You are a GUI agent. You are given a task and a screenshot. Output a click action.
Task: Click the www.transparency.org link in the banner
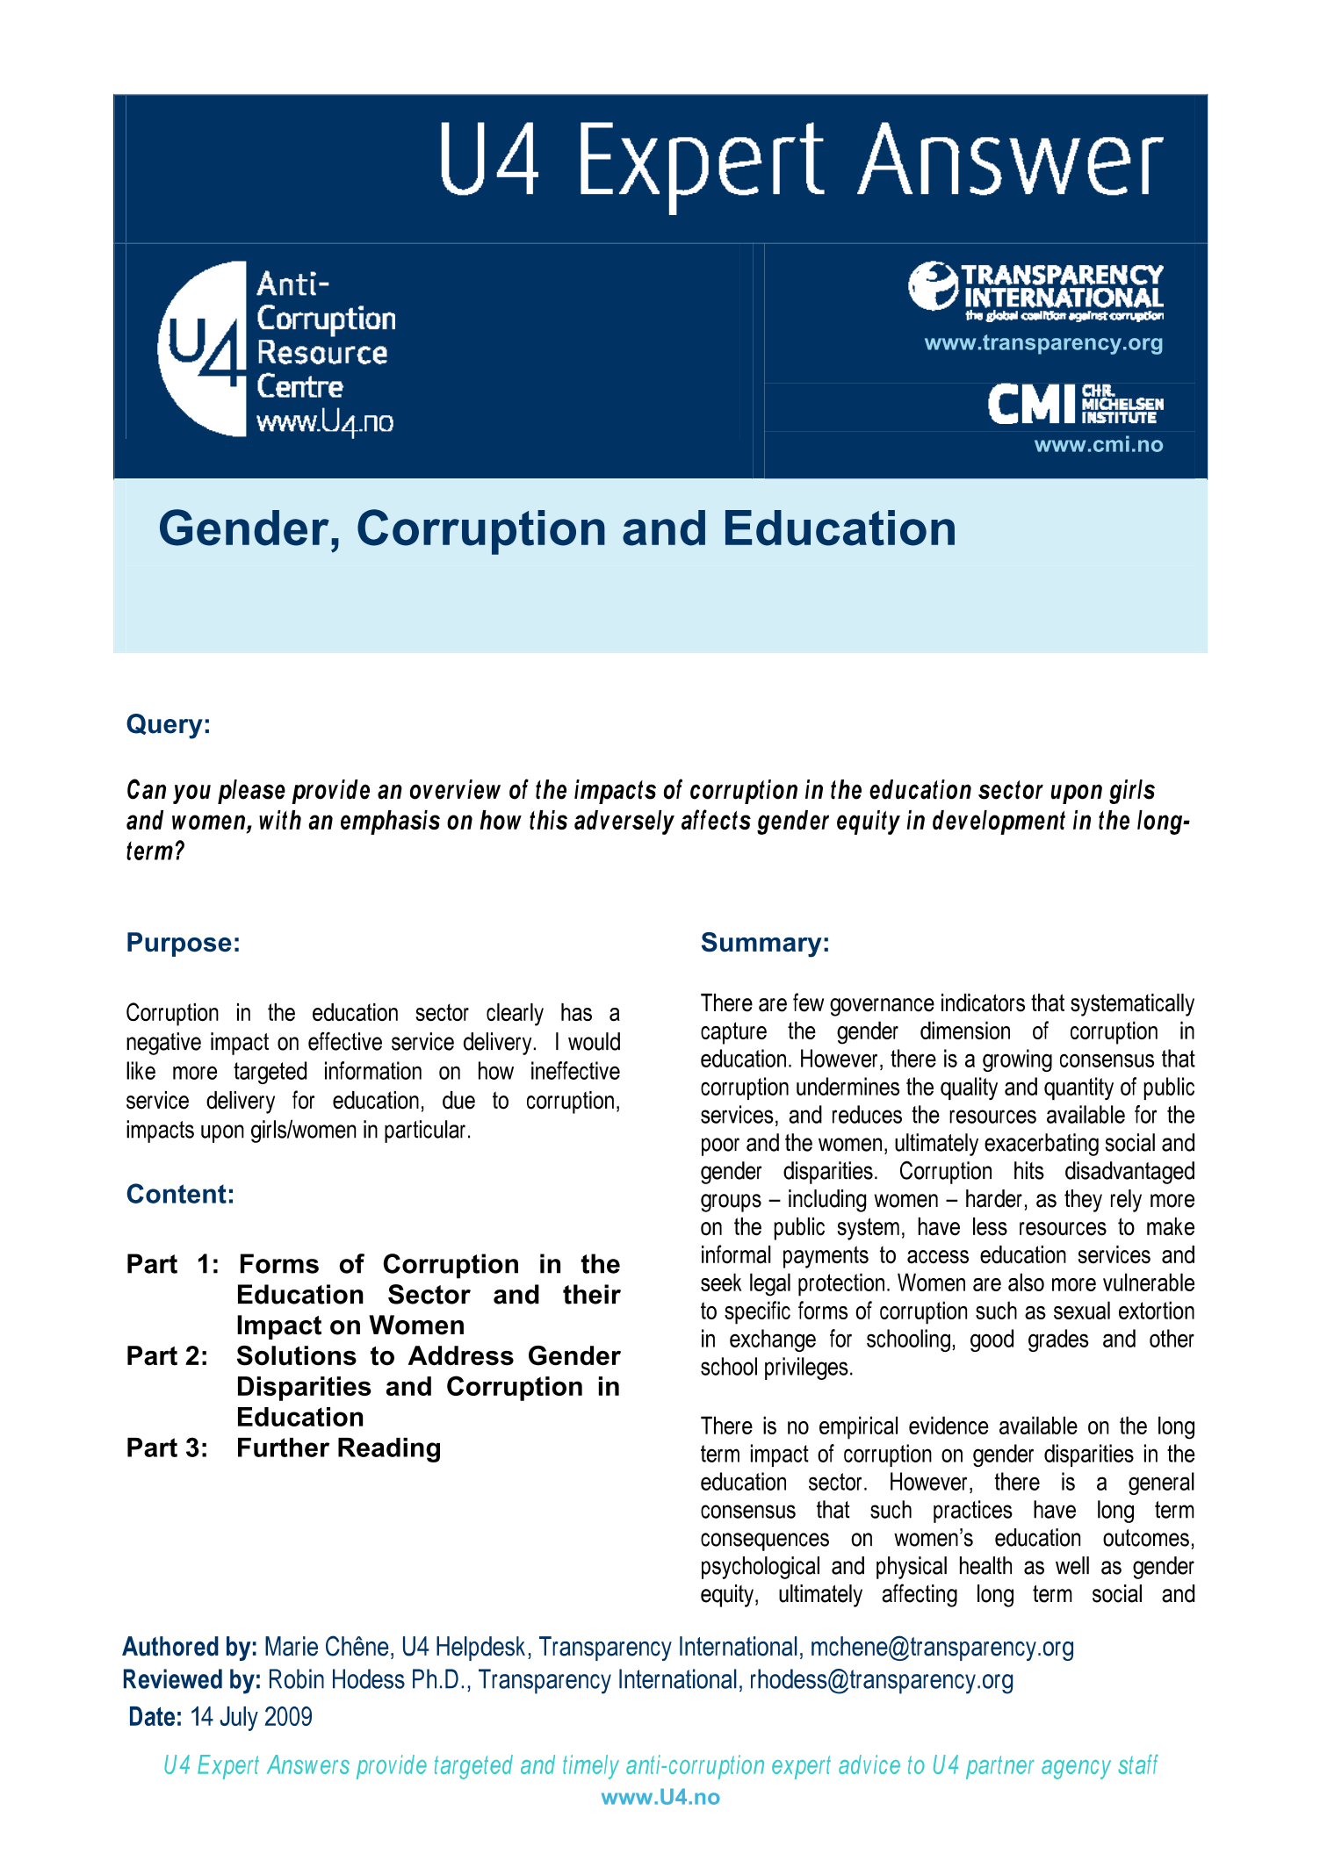[1043, 343]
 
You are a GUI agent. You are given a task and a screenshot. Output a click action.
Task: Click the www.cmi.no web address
[1098, 445]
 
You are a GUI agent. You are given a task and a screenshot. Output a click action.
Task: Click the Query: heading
[169, 725]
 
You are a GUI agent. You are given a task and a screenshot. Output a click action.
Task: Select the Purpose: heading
[183, 943]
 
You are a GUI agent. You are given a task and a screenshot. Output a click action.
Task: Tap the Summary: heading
[764, 943]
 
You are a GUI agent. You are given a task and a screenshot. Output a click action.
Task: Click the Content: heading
[180, 1195]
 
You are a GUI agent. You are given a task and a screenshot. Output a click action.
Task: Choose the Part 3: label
[167, 1448]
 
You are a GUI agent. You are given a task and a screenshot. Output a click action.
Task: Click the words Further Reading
[338, 1448]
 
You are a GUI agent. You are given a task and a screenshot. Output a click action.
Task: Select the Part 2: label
[167, 1356]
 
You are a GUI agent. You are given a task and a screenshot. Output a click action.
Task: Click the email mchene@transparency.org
[941, 1647]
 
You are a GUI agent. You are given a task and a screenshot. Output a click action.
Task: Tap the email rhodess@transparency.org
[881, 1680]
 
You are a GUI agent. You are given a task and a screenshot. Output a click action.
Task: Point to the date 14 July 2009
[251, 1717]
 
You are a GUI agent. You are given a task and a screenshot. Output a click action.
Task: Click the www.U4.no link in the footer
[660, 1797]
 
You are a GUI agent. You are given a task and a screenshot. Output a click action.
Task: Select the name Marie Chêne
[327, 1647]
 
